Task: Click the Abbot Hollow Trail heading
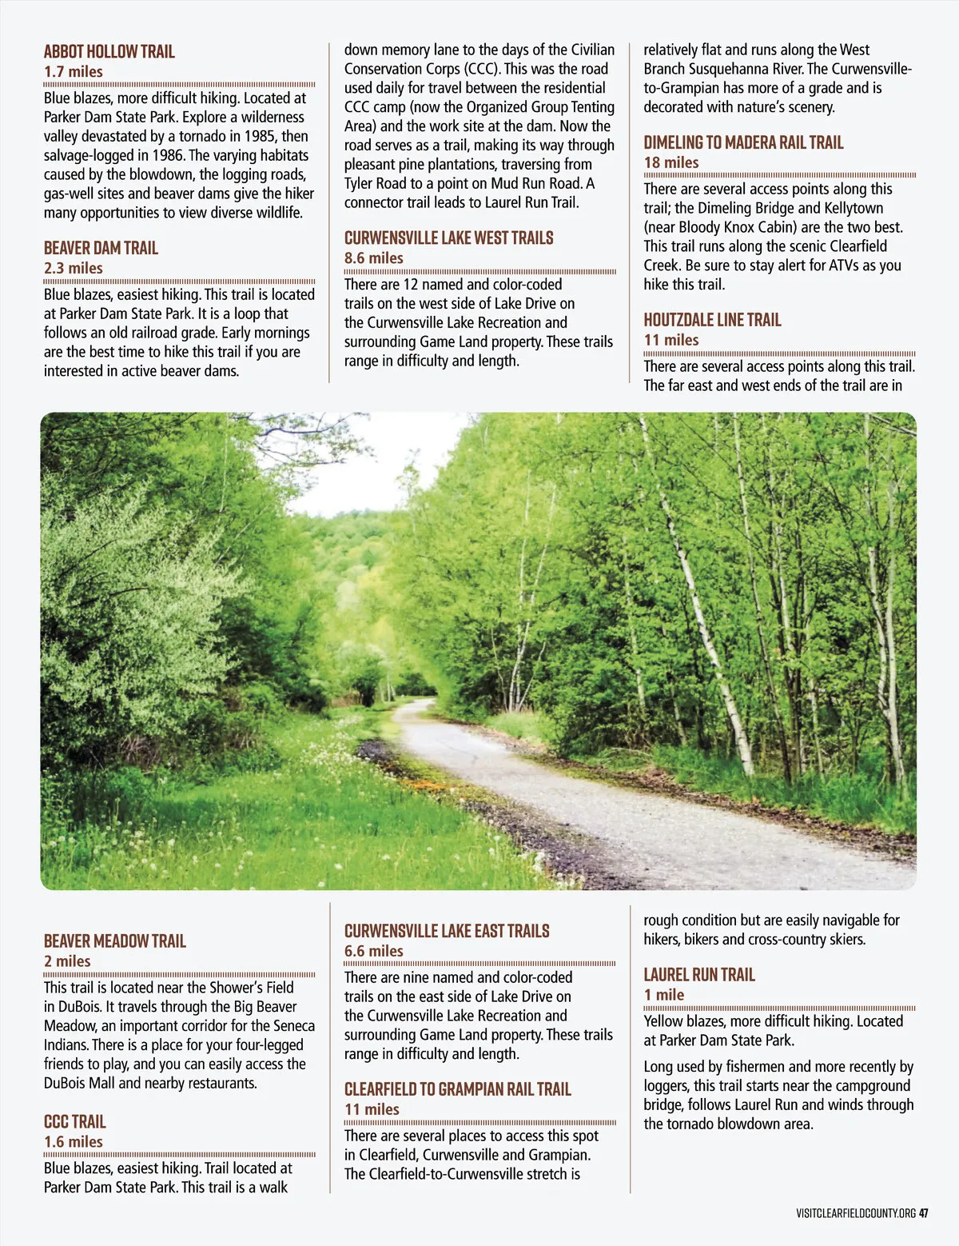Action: (x=109, y=52)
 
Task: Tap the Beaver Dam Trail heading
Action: (x=101, y=248)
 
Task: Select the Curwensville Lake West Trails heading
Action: (x=448, y=238)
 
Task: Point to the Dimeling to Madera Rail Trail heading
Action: (x=743, y=143)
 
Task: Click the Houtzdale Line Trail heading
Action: (x=712, y=321)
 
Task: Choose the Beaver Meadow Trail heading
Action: (x=114, y=941)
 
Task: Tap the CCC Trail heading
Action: (x=75, y=1122)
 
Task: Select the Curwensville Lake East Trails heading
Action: (x=447, y=931)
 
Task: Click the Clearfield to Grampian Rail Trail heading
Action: (x=457, y=1089)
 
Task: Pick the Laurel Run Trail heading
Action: (x=699, y=975)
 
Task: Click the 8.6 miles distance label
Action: (x=373, y=258)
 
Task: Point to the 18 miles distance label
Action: (x=671, y=163)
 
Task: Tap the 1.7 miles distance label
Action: (x=74, y=72)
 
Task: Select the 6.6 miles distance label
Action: (x=373, y=952)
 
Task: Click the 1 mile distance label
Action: (x=664, y=995)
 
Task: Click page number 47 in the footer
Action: (x=924, y=1213)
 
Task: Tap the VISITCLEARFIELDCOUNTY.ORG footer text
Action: (x=856, y=1213)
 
